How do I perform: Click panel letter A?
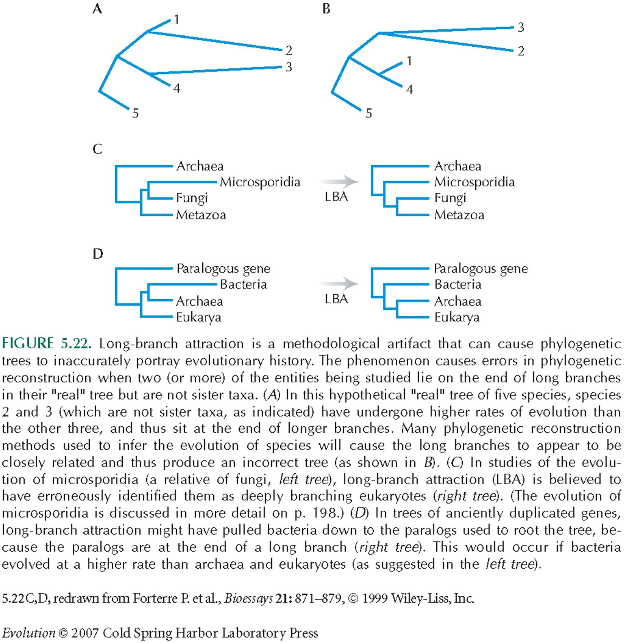pyautogui.click(x=97, y=9)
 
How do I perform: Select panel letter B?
pyautogui.click(x=326, y=9)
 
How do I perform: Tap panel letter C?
pyautogui.click(x=97, y=149)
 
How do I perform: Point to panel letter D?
pyautogui.click(x=98, y=254)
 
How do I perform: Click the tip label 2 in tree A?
pyautogui.click(x=288, y=50)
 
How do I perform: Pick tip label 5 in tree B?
pyautogui.click(x=368, y=113)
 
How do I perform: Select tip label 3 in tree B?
pyautogui.click(x=521, y=27)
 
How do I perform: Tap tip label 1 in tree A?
pyautogui.click(x=177, y=19)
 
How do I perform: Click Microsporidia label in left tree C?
pyautogui.click(x=260, y=182)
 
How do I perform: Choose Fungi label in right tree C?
pyautogui.click(x=450, y=198)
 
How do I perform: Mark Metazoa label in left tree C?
pyautogui.click(x=201, y=215)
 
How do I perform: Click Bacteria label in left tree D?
pyautogui.click(x=243, y=284)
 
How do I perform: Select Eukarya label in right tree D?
pyautogui.click(x=457, y=317)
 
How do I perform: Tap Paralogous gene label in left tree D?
pyautogui.click(x=223, y=268)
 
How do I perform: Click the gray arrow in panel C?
pyautogui.click(x=339, y=181)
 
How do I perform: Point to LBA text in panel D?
pyautogui.click(x=336, y=299)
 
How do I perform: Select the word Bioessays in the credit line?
pyautogui.click(x=248, y=599)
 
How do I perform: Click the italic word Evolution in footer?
pyautogui.click(x=28, y=633)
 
